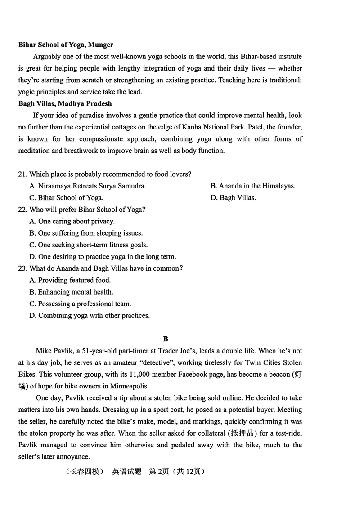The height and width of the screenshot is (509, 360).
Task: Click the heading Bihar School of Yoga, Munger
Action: pos(66,45)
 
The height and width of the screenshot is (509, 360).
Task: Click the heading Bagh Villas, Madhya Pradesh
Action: pos(65,103)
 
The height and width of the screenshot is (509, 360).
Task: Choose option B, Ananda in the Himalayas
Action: pos(253,186)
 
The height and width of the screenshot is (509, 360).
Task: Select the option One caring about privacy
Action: pos(72,221)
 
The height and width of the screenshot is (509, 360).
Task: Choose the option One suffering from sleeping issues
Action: pos(86,233)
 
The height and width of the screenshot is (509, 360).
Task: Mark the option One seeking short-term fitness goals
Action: pos(88,245)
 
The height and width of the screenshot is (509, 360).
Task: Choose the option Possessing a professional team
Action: pos(80,304)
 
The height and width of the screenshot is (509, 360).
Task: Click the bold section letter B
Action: pos(166,339)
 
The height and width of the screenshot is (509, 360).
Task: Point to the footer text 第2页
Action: pos(158,472)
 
